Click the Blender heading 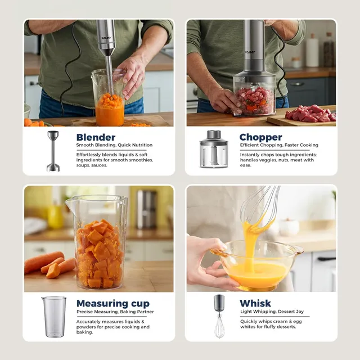[x=96, y=137]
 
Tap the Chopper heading [x=260, y=137]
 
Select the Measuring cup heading [x=113, y=303]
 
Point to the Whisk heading [x=255, y=303]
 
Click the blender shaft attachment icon [x=53, y=151]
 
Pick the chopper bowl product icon [x=214, y=148]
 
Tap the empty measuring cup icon [x=54, y=317]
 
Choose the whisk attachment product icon [x=219, y=316]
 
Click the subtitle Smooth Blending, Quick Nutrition [x=114, y=145]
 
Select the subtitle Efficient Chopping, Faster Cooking [x=279, y=145]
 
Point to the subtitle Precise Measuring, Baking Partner [x=115, y=312]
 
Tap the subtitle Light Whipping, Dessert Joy [x=272, y=312]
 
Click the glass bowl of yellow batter [x=256, y=264]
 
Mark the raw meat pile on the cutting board [x=310, y=114]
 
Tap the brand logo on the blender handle [x=106, y=38]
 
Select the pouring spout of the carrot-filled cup [x=69, y=202]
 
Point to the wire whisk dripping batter [x=260, y=208]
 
